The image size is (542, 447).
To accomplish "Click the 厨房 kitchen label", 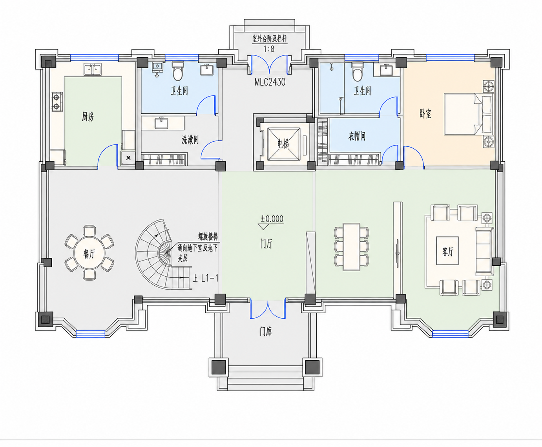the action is [x=88, y=117].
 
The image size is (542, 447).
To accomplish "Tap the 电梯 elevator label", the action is [x=283, y=144].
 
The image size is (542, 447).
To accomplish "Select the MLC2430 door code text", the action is [x=270, y=82].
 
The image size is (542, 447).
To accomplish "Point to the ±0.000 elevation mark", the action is [x=272, y=219].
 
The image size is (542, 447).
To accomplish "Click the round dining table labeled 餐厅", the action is [x=89, y=253].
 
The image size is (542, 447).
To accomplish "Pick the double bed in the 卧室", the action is [x=468, y=114].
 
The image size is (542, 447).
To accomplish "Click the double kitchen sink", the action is [x=92, y=69].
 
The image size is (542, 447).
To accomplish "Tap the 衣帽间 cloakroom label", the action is [x=357, y=136].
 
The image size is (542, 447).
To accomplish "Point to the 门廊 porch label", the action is [x=266, y=332].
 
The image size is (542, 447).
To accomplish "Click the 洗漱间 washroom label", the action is [x=190, y=140].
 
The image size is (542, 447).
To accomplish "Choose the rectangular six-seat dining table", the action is [x=352, y=246].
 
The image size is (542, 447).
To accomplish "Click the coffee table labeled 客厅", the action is [x=447, y=251].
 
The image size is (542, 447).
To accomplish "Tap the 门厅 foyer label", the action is [x=266, y=244].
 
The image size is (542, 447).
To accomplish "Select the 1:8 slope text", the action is [x=269, y=49].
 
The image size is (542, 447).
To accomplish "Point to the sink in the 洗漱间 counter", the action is [x=161, y=123].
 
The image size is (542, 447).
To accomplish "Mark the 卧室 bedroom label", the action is [x=425, y=114].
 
